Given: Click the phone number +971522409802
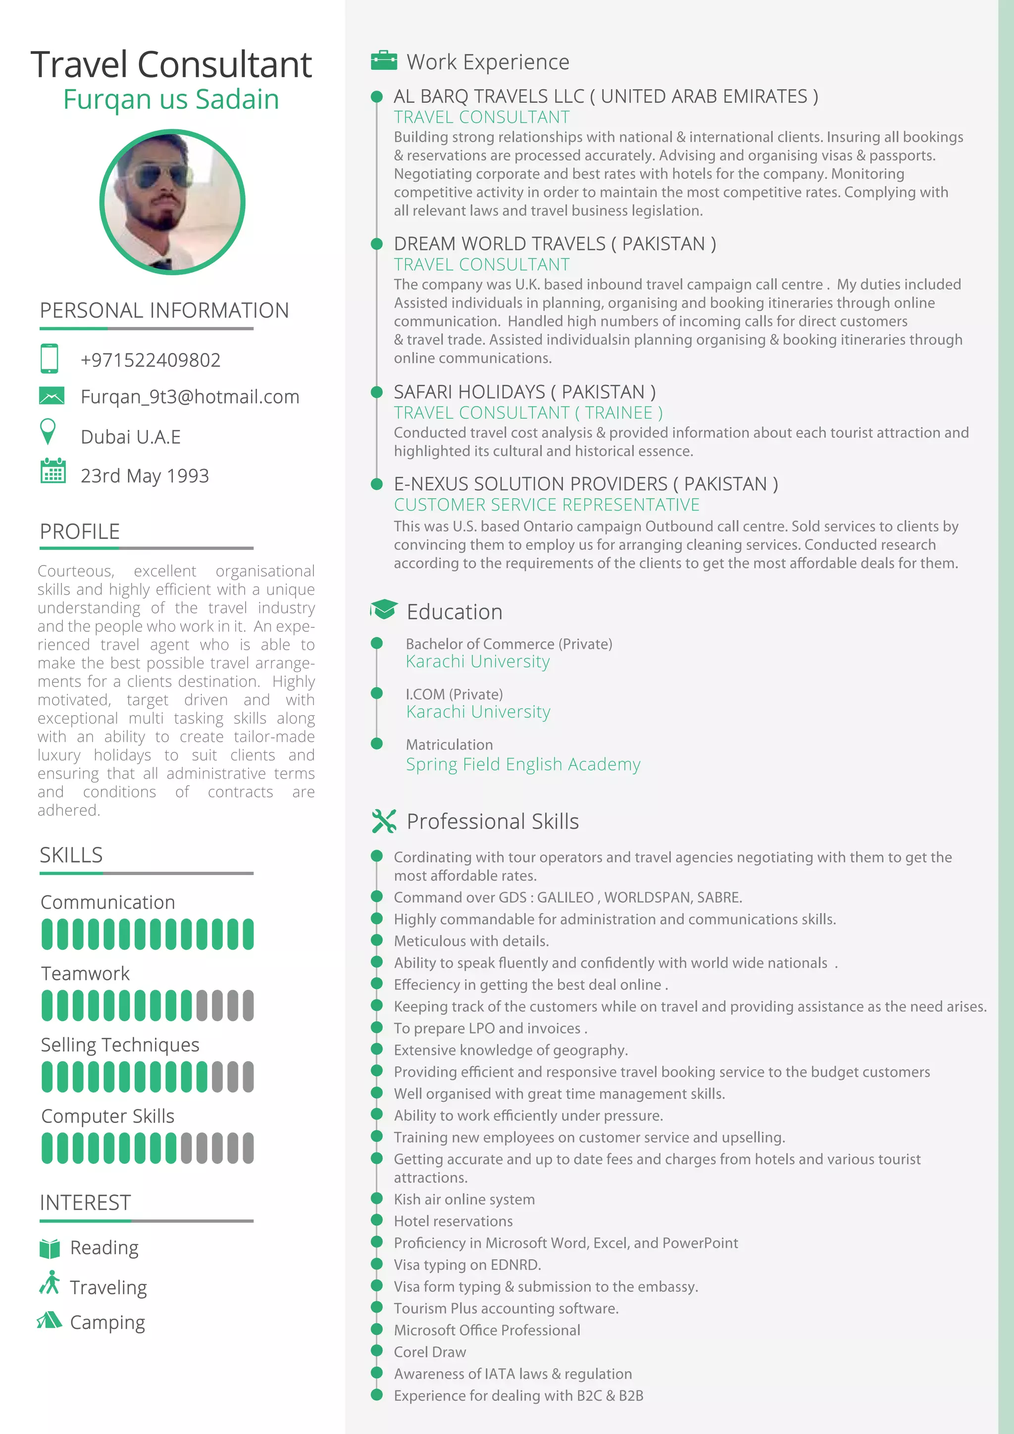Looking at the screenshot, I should click(151, 360).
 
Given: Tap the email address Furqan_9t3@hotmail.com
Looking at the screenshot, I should click(190, 397).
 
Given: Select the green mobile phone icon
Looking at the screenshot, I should click(50, 358).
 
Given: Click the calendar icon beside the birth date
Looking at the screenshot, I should click(53, 471).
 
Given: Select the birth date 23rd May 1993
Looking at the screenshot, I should click(145, 476).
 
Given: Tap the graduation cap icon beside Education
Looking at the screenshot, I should click(383, 609).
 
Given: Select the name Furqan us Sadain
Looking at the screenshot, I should click(171, 100).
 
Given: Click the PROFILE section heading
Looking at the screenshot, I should click(80, 531).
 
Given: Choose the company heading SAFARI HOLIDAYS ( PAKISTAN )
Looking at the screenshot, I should click(524, 392).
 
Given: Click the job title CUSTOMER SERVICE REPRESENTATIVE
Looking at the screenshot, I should click(546, 505).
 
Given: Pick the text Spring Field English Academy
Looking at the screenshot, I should click(523, 765).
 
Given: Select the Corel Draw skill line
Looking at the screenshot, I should click(430, 1352).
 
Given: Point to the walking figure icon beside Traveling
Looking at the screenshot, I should click(50, 1283).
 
